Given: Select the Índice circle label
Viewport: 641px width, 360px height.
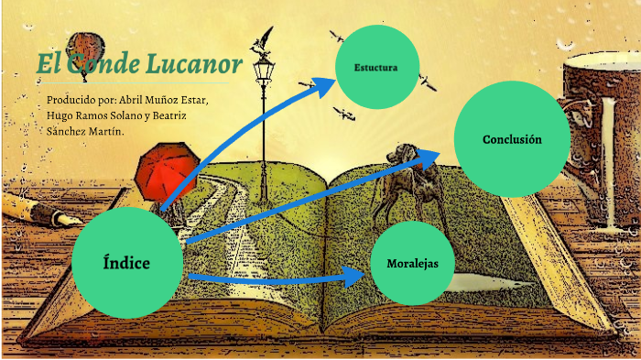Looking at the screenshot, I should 126,264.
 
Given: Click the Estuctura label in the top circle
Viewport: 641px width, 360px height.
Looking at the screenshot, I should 375,69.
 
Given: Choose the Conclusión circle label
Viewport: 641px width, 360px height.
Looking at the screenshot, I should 512,139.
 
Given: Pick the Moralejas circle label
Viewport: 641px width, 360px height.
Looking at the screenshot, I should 412,263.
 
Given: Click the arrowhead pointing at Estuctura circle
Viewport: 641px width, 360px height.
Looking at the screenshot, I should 325,84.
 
